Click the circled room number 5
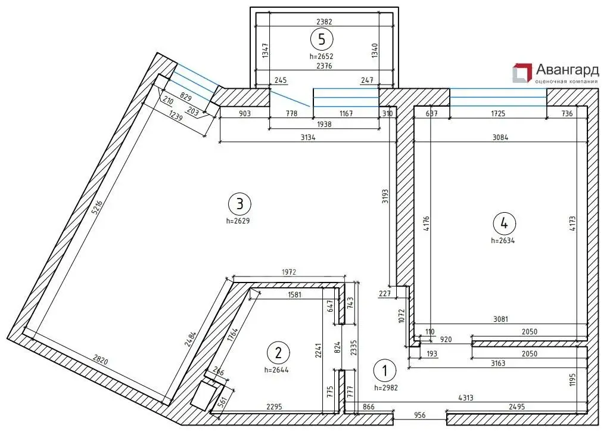pos(322,39)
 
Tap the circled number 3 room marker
pos(239,204)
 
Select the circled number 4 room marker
pos(504,223)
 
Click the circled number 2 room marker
pos(278,352)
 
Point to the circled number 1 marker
pos(385,370)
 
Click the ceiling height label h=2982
pos(386,387)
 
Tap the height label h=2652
pos(321,56)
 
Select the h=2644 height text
pos(276,370)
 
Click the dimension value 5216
pos(97,207)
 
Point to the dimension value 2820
pos(100,359)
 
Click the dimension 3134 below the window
pos(308,137)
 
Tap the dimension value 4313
pos(465,398)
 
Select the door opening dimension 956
pos(419,415)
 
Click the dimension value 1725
pos(498,114)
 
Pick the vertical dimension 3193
pos(385,195)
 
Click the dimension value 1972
pos(289,272)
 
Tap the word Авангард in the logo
pos(567,70)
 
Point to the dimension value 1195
pos(573,380)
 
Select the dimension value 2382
pos(324,22)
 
